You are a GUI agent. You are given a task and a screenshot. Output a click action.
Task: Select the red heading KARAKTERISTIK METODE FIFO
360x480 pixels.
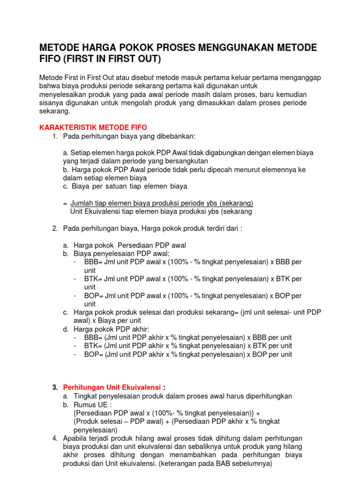point(93,127)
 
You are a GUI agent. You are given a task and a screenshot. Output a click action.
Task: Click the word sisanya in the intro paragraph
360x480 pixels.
point(51,103)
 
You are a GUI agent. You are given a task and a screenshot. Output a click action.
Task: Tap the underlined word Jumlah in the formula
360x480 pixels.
point(82,203)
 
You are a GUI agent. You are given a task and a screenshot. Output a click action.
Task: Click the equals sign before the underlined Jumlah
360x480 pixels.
point(65,203)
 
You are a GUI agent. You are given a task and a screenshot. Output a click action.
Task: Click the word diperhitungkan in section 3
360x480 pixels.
point(266,396)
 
